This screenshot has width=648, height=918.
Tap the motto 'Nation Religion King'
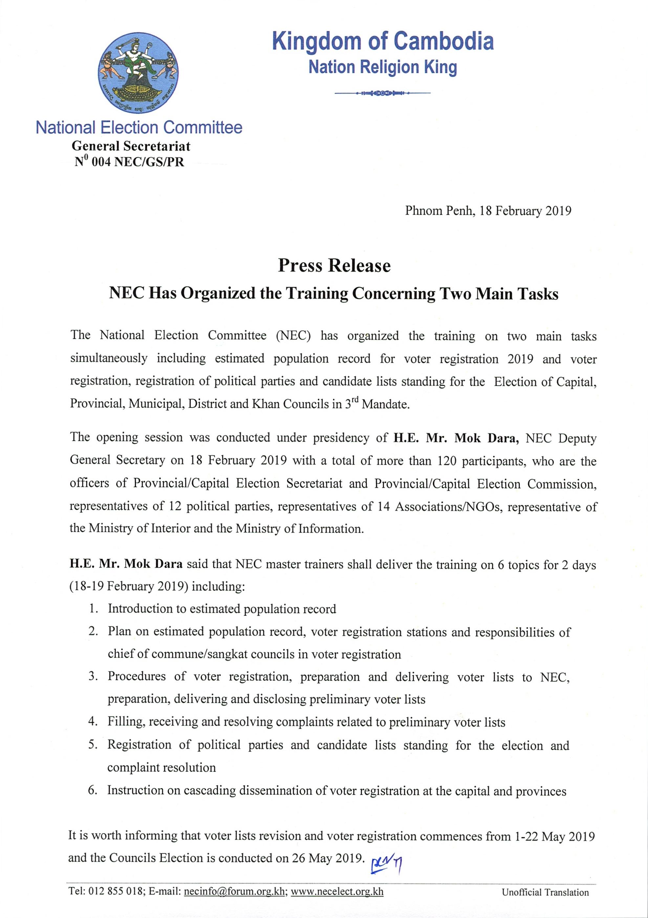click(382, 67)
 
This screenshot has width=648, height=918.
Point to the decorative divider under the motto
click(382, 94)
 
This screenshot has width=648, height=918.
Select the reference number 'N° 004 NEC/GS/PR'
click(130, 162)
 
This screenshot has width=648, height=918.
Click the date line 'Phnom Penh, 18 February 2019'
click(488, 211)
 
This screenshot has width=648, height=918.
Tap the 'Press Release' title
click(334, 266)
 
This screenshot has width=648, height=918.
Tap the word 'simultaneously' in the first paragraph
click(109, 358)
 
